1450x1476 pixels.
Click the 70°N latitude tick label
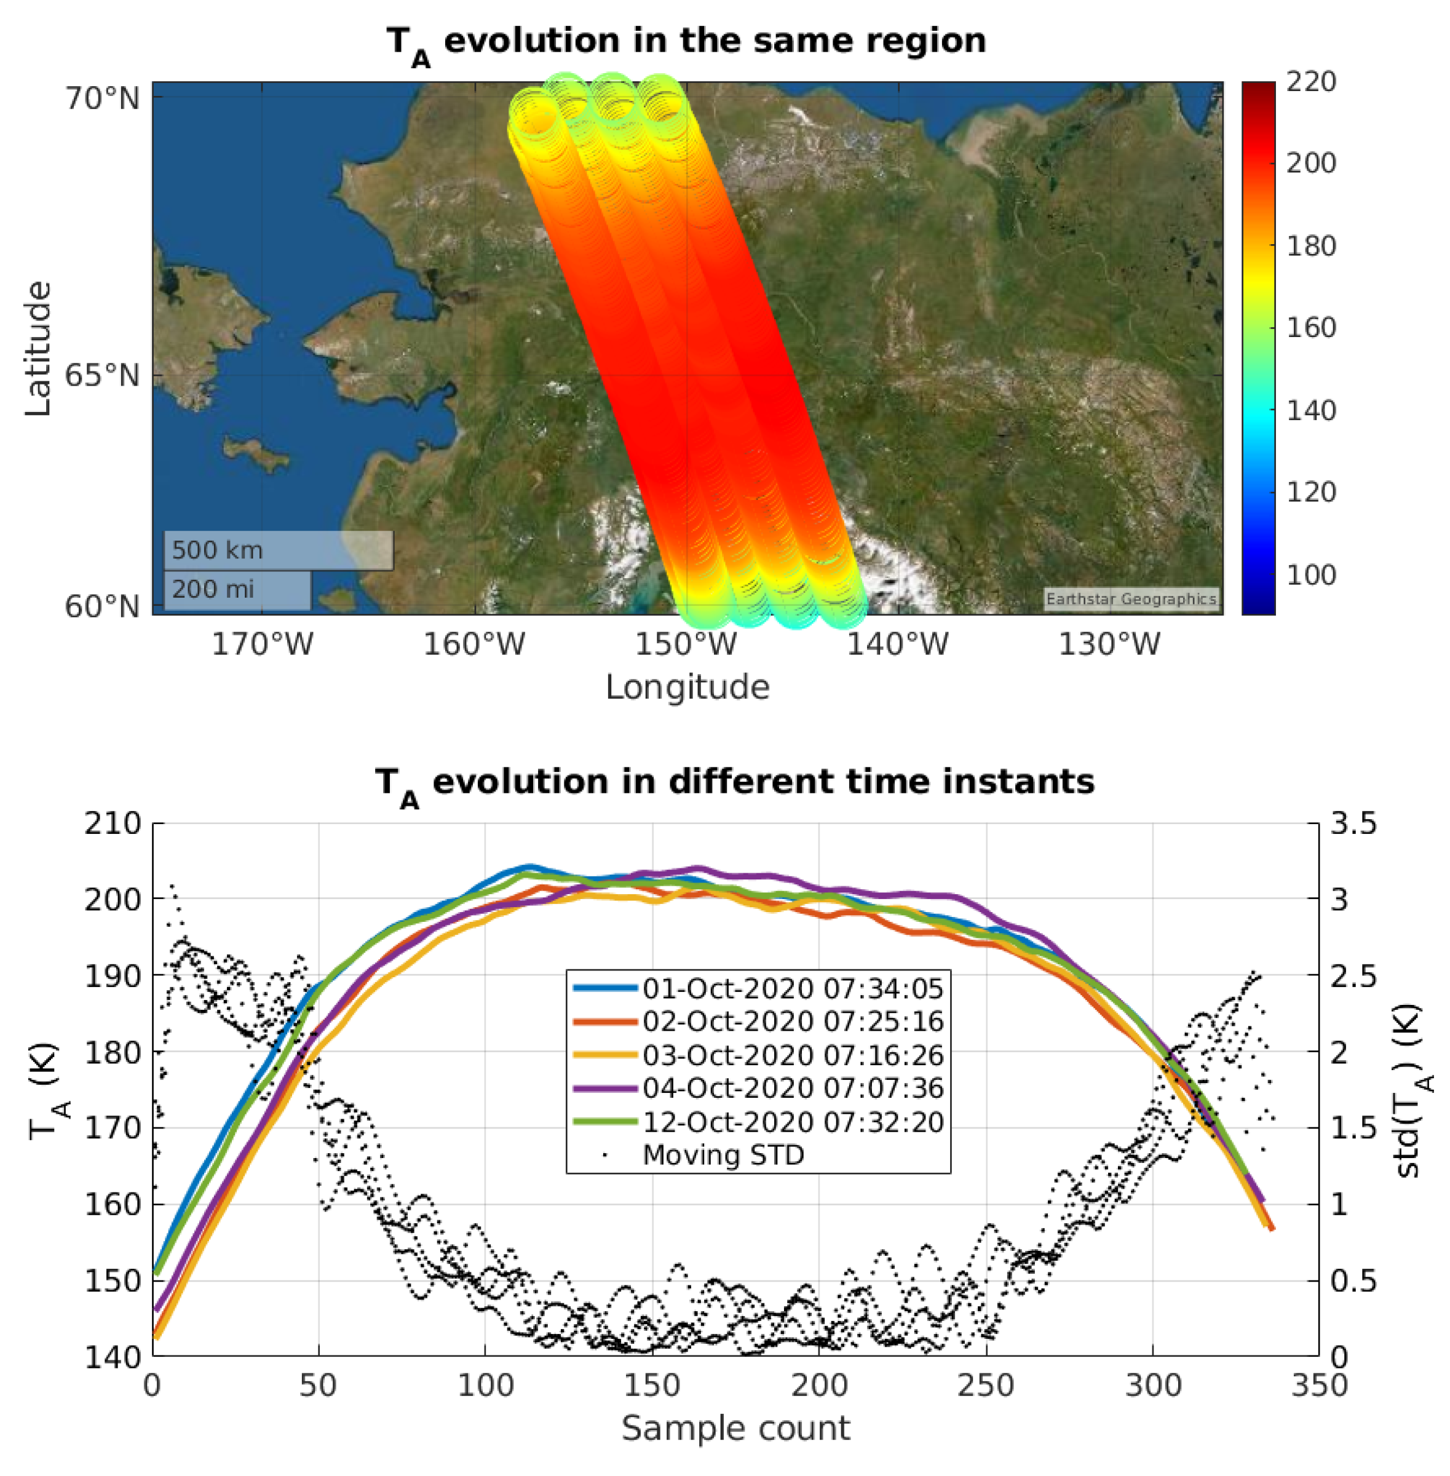(102, 99)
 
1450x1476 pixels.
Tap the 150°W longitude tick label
(686, 645)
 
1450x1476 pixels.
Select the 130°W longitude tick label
(1109, 645)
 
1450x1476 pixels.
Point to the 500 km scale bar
(278, 550)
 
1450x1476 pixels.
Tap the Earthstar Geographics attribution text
(1130, 600)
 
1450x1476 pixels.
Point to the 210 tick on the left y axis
(113, 823)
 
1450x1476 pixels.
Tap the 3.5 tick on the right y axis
(1353, 823)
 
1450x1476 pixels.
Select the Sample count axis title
(735, 1429)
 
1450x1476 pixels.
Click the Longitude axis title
(687, 688)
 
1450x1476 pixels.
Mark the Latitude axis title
(38, 349)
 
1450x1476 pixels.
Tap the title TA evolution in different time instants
(734, 783)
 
